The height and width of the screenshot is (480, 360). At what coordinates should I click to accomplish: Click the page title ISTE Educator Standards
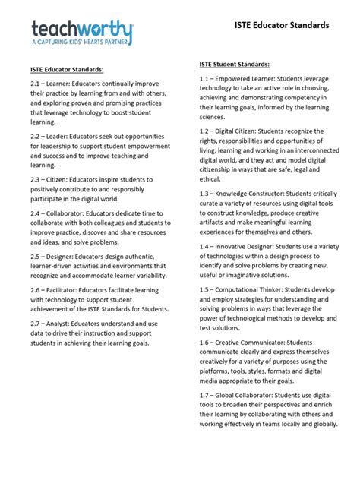pos(282,25)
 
